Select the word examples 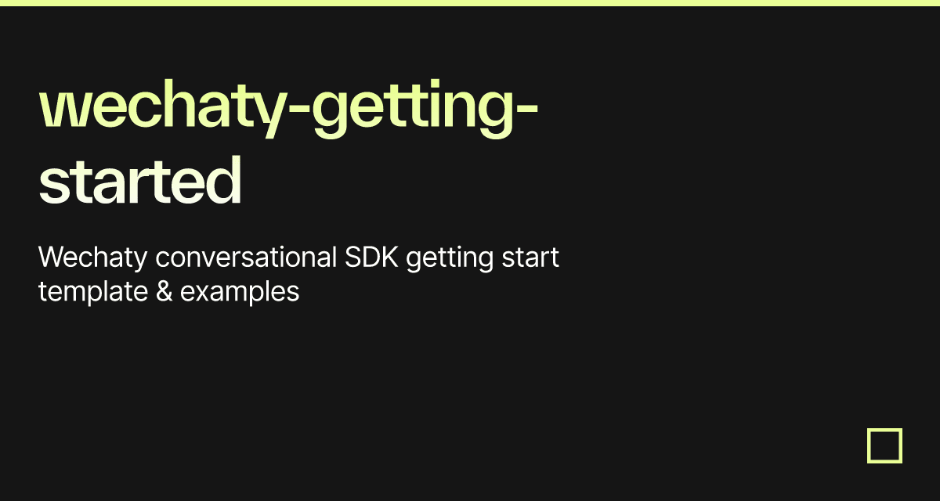[240, 292]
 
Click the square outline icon [884, 445]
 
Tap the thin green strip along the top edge [470, 2]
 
